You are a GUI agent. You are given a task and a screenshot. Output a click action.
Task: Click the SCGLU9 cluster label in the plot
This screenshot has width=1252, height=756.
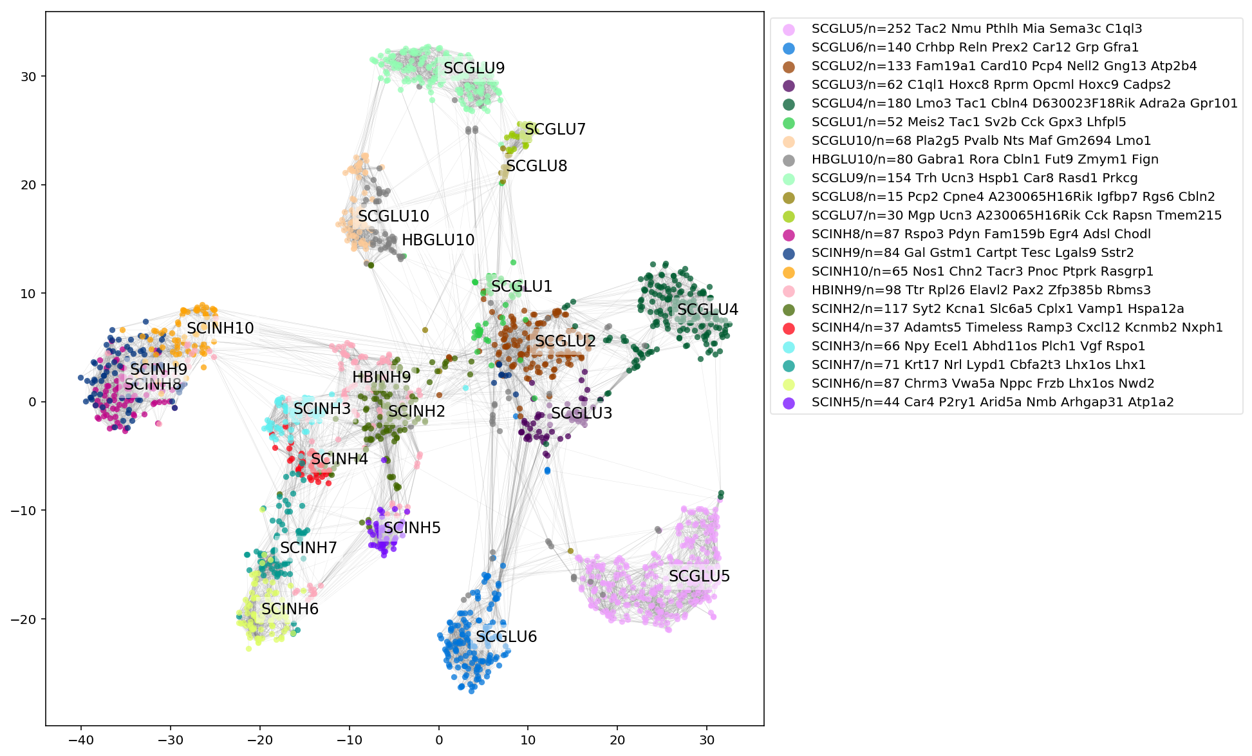[x=474, y=68]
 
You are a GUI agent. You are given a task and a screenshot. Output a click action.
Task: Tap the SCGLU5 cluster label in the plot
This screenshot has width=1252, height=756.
[x=699, y=576]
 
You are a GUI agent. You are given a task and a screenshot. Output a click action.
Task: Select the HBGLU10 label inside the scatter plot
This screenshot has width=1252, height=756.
[x=438, y=241]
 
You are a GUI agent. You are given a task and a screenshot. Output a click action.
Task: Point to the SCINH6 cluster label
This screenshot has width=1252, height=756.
[x=290, y=609]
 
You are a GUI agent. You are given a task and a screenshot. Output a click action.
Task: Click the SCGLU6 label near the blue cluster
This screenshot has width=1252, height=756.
[x=506, y=637]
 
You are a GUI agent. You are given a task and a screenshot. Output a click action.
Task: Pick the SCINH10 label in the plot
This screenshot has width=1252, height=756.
[x=220, y=328]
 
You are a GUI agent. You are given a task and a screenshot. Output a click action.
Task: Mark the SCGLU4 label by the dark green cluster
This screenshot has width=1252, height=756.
[x=707, y=310]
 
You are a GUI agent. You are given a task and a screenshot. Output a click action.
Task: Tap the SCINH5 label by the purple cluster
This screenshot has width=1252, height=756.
[x=412, y=528]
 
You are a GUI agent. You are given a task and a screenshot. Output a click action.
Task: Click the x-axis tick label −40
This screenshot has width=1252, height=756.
[x=81, y=741]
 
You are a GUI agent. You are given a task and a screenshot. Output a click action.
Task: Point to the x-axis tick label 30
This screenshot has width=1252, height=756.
[x=707, y=741]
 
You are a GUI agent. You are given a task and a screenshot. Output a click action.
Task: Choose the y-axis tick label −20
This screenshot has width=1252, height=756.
[x=23, y=619]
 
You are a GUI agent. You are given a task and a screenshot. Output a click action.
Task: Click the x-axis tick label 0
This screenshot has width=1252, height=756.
[x=439, y=741]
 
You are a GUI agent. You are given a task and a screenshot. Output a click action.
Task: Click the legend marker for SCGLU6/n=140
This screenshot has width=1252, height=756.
[x=789, y=48]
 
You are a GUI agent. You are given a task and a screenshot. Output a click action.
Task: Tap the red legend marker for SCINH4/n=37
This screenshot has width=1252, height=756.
[x=789, y=328]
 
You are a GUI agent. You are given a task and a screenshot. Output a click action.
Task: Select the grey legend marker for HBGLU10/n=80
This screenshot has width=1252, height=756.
[x=789, y=160]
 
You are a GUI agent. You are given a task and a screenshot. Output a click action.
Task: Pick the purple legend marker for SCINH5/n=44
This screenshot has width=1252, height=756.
[x=789, y=402]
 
